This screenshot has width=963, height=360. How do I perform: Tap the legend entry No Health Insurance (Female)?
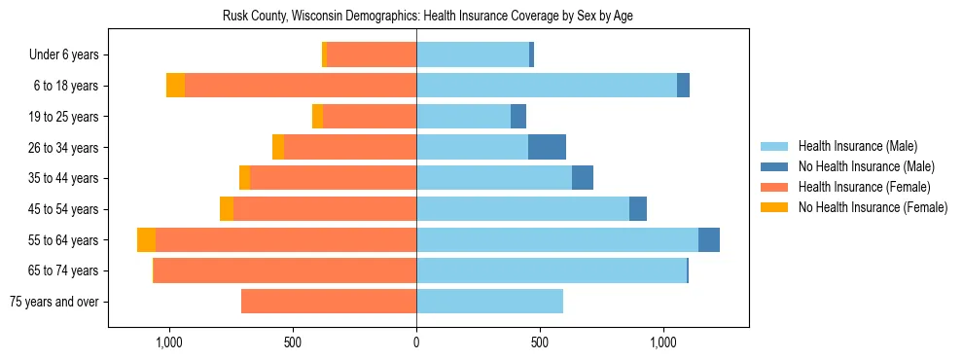tap(873, 207)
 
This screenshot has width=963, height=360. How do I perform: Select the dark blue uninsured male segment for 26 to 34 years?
tap(547, 147)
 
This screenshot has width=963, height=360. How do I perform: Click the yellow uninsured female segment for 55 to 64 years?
tap(146, 239)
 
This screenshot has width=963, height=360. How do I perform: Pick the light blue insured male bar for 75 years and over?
tap(489, 302)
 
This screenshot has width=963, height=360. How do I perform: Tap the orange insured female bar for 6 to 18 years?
tap(301, 86)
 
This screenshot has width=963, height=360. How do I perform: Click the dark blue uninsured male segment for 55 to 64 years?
tap(709, 239)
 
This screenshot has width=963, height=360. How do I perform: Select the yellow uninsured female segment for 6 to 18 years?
tap(175, 86)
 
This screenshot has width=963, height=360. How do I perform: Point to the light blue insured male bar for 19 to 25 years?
tap(463, 117)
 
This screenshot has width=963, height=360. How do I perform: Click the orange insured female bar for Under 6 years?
tap(372, 54)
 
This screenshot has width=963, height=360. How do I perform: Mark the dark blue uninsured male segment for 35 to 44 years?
tap(583, 178)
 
